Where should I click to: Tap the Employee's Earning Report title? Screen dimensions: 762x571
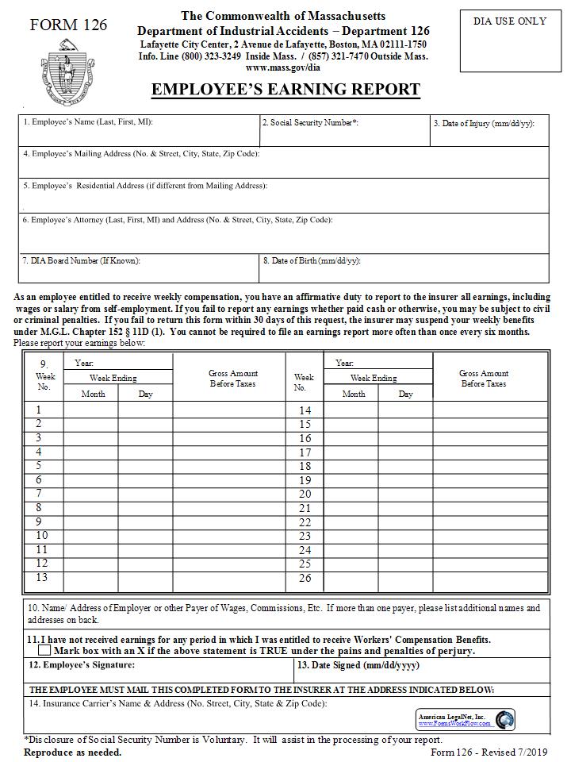(285, 90)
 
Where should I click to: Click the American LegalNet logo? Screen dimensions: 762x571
(466, 720)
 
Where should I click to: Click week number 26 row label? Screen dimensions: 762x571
(305, 579)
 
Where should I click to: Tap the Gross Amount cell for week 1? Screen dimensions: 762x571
(229, 410)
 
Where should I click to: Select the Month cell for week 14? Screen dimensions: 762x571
(351, 411)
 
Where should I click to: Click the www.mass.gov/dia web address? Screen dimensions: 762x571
(283, 67)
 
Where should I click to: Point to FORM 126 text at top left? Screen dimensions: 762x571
(68, 25)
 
